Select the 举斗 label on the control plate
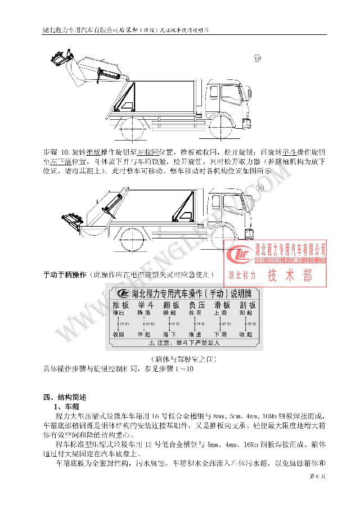(140, 305)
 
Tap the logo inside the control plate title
(122, 293)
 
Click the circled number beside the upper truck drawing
(258, 57)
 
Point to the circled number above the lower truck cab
(260, 187)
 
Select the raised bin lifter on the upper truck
(60, 59)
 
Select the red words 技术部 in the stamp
(290, 276)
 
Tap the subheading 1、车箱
(66, 406)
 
